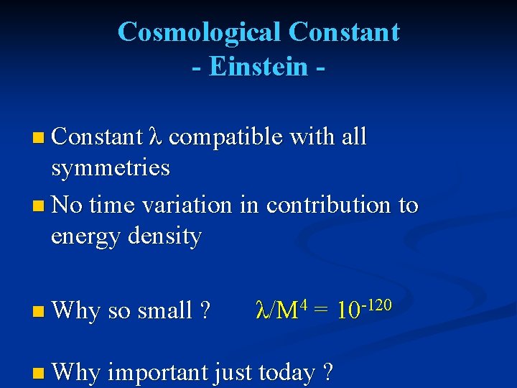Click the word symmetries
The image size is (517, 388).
click(111, 168)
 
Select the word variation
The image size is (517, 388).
click(187, 205)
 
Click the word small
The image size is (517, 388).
click(164, 311)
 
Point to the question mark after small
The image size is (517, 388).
click(206, 311)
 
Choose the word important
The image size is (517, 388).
click(157, 373)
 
